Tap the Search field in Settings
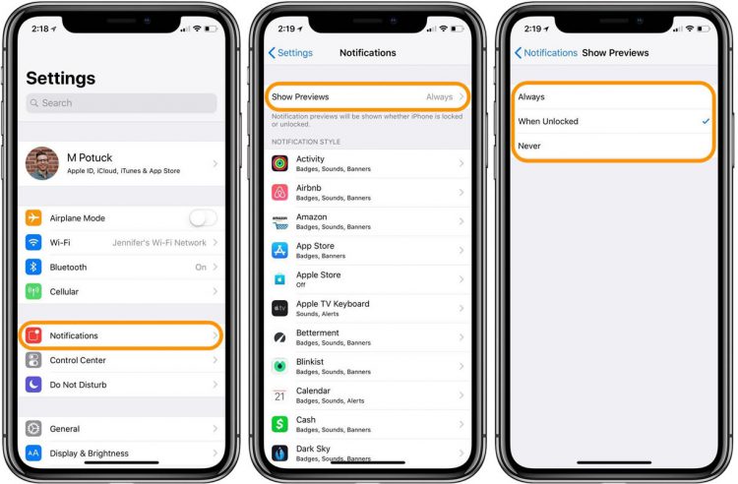click(121, 103)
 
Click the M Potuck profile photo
click(42, 163)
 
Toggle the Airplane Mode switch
click(203, 217)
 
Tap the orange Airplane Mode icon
click(33, 217)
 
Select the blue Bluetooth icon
click(33, 267)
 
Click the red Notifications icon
click(33, 335)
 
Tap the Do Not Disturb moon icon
click(33, 385)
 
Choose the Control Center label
click(78, 360)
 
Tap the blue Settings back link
click(290, 53)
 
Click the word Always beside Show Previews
click(439, 96)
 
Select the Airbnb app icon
click(279, 193)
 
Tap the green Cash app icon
click(279, 424)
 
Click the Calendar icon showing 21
click(279, 395)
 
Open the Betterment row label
click(318, 333)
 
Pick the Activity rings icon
click(279, 163)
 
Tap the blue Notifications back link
click(546, 53)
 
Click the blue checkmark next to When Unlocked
click(706, 121)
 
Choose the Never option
click(529, 146)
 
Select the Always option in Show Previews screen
click(531, 96)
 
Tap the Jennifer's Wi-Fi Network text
click(159, 243)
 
